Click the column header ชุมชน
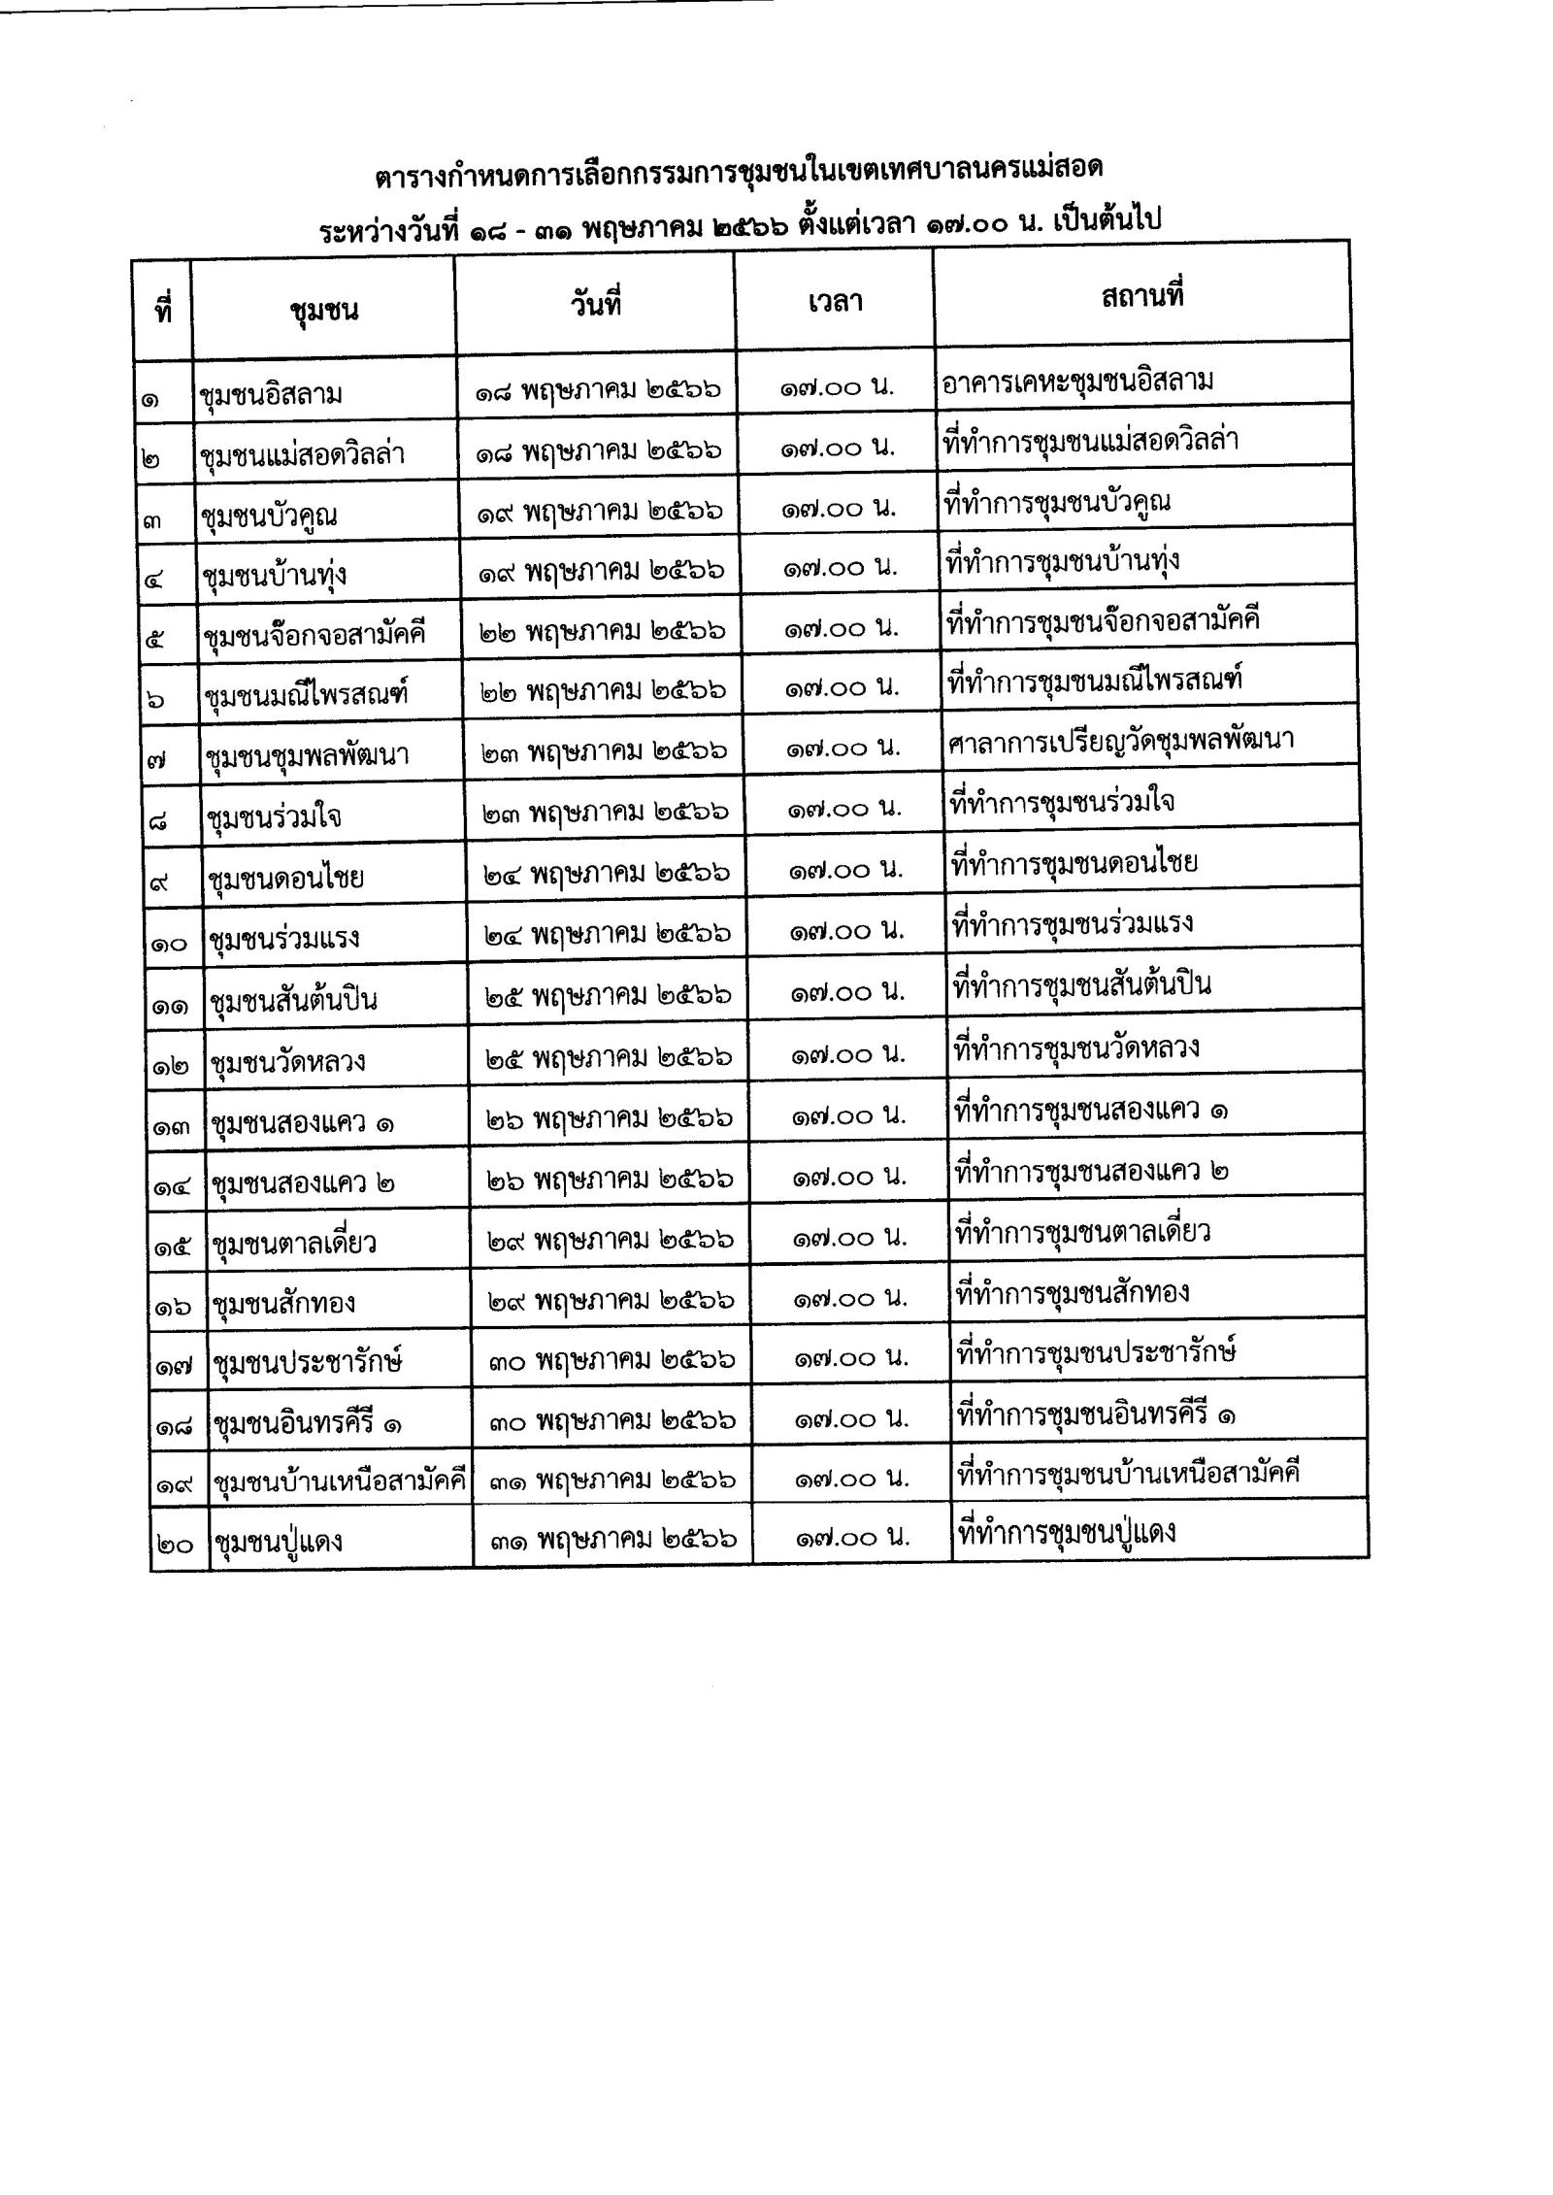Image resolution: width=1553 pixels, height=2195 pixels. point(324,311)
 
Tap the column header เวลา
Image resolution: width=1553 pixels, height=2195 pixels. point(835,303)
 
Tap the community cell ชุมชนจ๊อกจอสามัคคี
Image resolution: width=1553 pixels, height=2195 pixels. point(314,636)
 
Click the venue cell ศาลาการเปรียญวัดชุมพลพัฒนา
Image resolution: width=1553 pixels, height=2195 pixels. point(1120,741)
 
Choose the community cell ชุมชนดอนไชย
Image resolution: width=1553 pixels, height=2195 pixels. point(286,878)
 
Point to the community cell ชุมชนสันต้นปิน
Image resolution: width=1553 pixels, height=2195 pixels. point(293,999)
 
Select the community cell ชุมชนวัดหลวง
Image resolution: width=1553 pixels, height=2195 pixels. point(288,1060)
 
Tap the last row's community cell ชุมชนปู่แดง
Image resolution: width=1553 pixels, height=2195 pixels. point(278,1542)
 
